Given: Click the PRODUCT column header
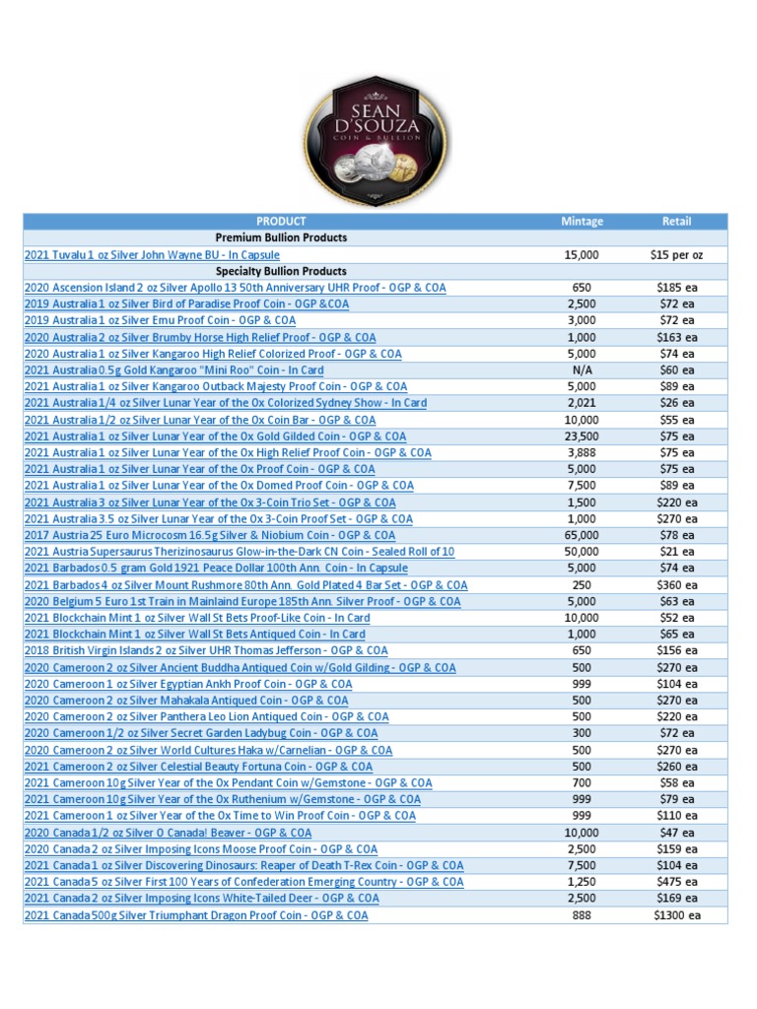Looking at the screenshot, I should coord(281,222).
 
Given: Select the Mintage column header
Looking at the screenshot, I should coord(582,222).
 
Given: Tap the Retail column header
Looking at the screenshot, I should coord(677,222).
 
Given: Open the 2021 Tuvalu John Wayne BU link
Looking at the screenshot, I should coord(152,255).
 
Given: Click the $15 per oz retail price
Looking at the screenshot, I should coord(677,255).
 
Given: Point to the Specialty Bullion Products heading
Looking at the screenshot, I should coord(281,271).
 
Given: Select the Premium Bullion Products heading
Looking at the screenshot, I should coord(281,238).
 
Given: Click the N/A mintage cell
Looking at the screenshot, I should coord(582,370).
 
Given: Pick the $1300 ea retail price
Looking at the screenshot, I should coord(677,915).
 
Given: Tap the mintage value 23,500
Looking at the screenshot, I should coord(582,437).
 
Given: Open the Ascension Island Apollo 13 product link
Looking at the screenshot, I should coord(235,288).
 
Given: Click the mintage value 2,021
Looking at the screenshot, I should coord(582,403).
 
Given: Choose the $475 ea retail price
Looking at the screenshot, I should coord(677,882).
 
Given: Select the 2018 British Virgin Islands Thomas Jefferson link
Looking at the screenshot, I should coord(206,650).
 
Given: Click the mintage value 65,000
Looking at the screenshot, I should coord(582,535).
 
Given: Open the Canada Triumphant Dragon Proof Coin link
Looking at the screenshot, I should coord(196,915).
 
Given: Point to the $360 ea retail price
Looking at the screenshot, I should coord(677,584).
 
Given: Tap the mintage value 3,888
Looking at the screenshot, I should coord(582,452).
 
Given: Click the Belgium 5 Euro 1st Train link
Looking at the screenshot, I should coord(241,601).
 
